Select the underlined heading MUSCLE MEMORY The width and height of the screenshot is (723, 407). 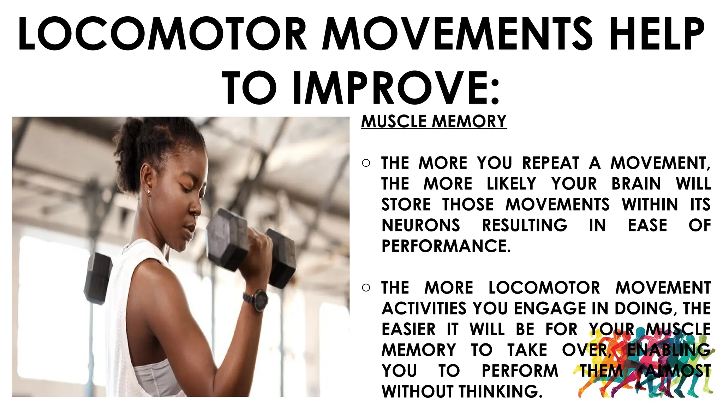434,121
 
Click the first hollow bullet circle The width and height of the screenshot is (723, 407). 366,163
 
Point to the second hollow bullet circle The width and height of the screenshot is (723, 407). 366,288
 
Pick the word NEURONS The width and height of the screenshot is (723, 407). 421,225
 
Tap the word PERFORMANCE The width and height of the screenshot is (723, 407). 446,246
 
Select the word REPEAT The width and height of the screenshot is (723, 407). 551,163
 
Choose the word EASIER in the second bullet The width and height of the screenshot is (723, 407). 408,329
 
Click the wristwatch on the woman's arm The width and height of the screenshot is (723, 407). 257,300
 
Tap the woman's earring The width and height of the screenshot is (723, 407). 148,192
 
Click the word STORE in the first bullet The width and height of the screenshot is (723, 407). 406,205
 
